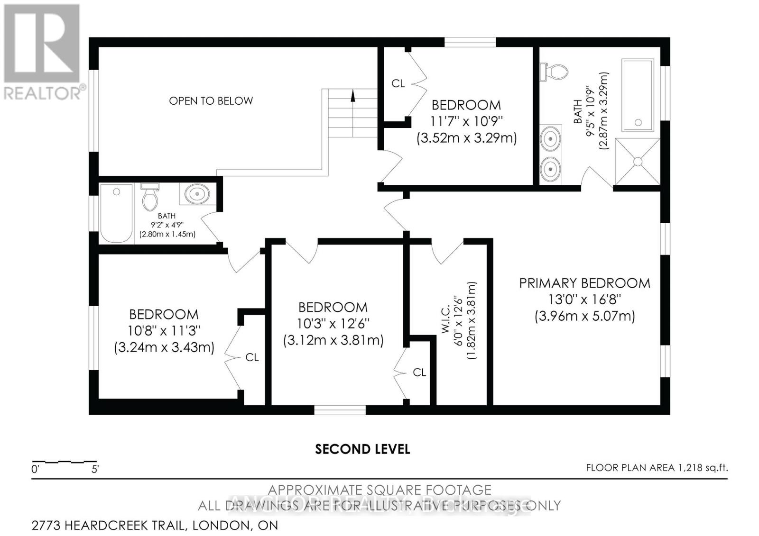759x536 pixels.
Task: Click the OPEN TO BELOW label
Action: pos(211,100)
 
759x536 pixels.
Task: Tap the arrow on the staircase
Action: pos(352,96)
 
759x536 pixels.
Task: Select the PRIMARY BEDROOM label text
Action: pos(584,283)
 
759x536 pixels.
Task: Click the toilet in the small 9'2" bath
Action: pos(150,198)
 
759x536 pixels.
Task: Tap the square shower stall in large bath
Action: pos(638,162)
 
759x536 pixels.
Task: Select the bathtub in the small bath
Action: pos(116,213)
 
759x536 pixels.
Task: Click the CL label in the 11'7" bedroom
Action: pos(398,83)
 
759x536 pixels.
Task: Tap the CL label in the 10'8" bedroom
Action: pos(252,357)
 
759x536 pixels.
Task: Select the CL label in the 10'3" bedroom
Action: pos(419,372)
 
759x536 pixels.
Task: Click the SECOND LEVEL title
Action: pos(362,449)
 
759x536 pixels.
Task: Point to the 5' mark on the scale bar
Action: pos(95,469)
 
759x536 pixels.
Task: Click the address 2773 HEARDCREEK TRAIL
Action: pos(155,525)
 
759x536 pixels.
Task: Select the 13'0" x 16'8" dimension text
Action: pos(584,300)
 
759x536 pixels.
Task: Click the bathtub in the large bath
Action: pos(638,95)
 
